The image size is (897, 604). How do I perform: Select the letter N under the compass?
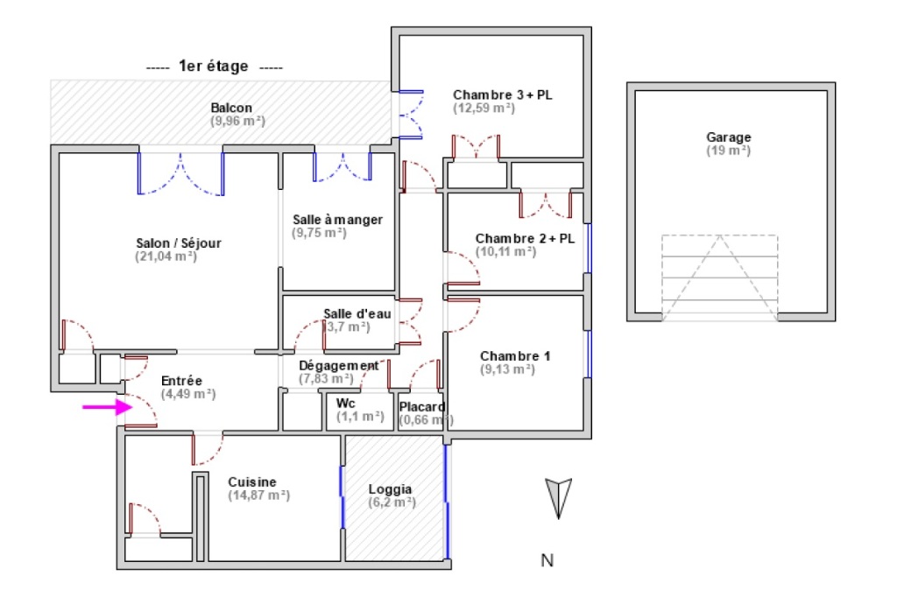547,561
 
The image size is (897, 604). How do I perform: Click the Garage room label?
729,137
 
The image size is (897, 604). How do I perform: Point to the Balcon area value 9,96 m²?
237,121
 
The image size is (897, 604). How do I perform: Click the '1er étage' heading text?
213,66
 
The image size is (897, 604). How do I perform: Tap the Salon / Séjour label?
179,242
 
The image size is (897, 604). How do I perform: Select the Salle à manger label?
337,220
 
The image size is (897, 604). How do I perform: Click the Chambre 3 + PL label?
502,95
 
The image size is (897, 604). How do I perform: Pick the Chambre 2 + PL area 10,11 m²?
506,251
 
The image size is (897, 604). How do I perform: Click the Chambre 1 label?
515,355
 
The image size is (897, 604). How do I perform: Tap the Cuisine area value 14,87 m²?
259,495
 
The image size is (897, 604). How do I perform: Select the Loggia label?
391,489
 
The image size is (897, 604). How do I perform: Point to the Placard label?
422,407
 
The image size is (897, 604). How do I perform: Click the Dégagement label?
339,365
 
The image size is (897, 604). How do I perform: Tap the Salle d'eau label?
357,313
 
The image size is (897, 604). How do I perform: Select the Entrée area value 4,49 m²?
187,394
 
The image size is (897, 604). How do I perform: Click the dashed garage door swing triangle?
719,278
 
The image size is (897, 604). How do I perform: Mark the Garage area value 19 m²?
728,151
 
